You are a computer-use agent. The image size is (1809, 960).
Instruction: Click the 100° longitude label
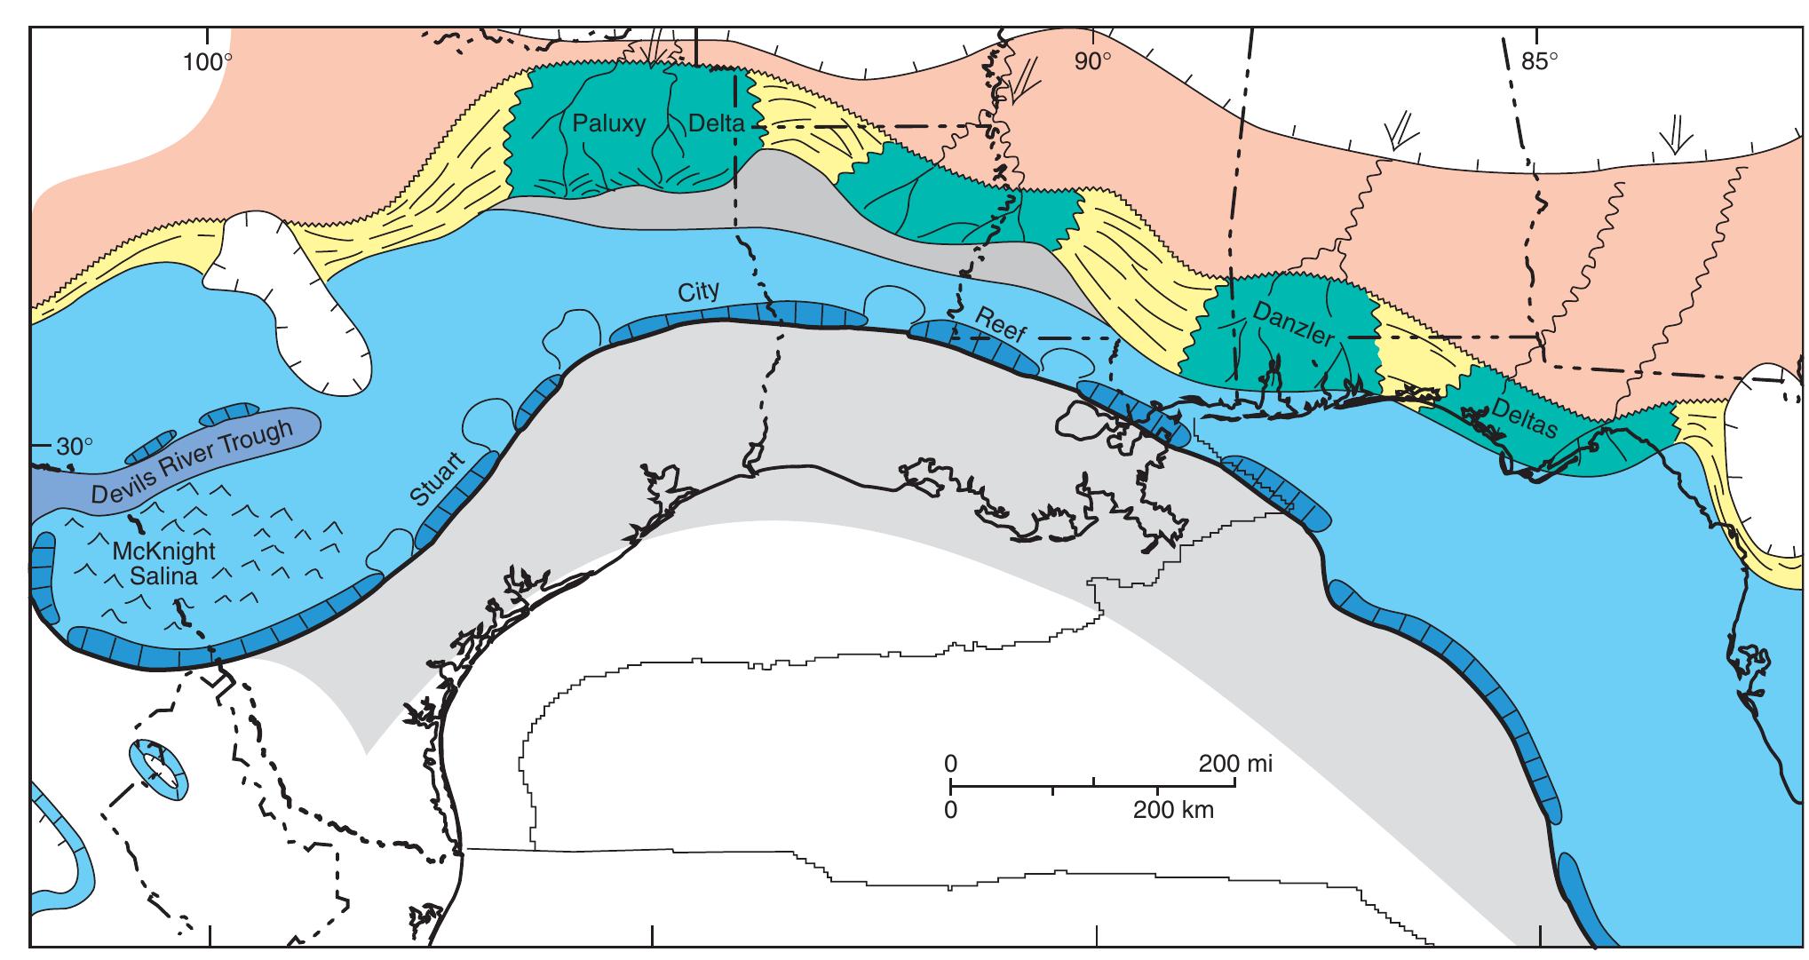208,62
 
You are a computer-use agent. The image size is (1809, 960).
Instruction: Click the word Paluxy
608,123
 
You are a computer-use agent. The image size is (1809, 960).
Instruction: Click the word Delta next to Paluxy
716,123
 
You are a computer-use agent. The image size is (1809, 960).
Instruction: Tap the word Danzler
1294,325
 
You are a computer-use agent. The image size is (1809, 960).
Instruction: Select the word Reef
1001,325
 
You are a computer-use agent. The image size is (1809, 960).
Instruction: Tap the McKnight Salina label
163,562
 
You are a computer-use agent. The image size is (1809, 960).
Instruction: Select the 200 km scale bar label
1172,810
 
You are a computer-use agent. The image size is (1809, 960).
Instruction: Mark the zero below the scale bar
950,810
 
